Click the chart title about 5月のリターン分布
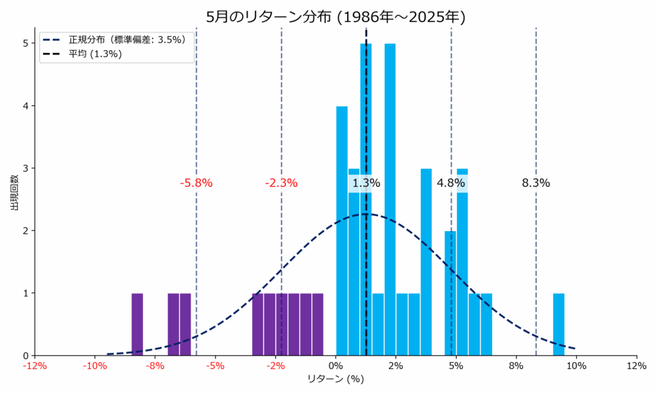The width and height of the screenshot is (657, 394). click(336, 17)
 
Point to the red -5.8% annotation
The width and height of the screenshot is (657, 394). click(196, 183)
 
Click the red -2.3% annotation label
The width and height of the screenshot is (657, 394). click(281, 183)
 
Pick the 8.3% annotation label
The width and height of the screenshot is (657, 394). click(536, 183)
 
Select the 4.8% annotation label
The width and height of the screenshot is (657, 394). click(450, 183)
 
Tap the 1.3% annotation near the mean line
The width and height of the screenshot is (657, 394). click(366, 183)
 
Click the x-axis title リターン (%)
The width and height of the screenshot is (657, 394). click(336, 379)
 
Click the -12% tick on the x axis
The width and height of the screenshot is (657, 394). click(35, 366)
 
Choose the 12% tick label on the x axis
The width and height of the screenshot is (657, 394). click(636, 366)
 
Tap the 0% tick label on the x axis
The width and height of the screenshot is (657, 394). click(336, 366)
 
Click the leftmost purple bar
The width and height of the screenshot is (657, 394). click(137, 324)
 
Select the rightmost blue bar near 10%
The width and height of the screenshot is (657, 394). click(558, 324)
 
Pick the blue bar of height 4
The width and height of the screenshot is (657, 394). click(342, 231)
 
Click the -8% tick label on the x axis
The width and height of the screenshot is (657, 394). click(155, 366)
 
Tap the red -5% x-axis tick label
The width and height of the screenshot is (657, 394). click(215, 366)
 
